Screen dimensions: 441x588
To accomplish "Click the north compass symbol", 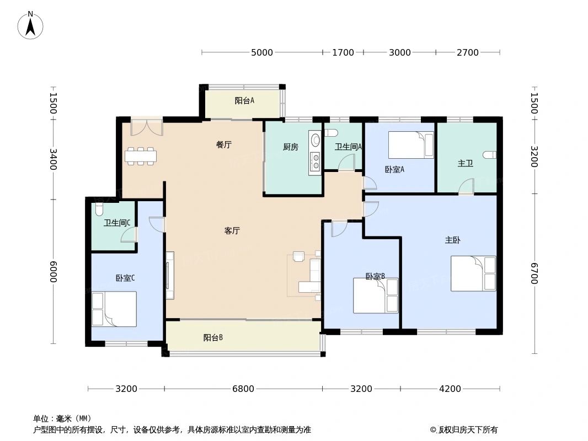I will (x=31, y=25).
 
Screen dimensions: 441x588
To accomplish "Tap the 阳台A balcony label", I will (x=244, y=101).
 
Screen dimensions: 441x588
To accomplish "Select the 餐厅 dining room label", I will (x=223, y=145).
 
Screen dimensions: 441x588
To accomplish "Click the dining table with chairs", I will (x=141, y=156).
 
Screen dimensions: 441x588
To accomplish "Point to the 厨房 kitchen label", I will (x=291, y=147).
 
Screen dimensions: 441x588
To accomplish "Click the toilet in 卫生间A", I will (x=331, y=133).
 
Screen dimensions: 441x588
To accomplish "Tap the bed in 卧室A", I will (x=411, y=145).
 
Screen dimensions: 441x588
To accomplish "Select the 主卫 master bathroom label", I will (x=465, y=164).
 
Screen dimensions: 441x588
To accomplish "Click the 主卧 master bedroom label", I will (x=453, y=240).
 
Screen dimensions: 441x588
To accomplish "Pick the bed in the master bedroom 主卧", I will (x=473, y=273).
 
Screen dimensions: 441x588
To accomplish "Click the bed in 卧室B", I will (x=376, y=295).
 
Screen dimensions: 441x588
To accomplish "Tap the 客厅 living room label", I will (x=232, y=231).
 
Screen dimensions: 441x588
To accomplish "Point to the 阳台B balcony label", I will (x=213, y=338).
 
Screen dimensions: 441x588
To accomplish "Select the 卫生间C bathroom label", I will (x=117, y=223).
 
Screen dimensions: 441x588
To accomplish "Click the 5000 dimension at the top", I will (x=262, y=53).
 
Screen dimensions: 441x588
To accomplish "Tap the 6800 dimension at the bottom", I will (x=243, y=389).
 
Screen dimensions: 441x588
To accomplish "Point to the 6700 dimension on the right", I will (x=533, y=273).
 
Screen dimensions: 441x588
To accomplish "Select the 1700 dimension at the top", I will (x=343, y=53).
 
